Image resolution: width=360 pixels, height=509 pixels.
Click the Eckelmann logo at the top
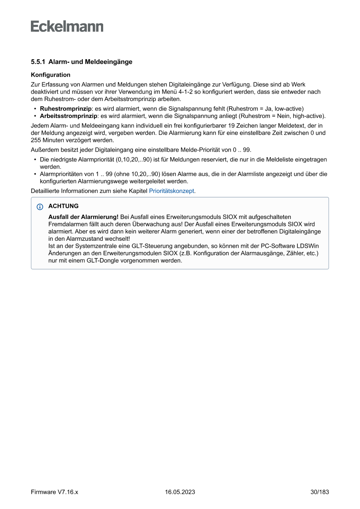click(x=67, y=27)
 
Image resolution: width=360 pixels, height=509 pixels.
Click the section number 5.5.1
click(x=38, y=62)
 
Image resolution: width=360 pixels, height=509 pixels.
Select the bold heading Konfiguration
click(x=50, y=75)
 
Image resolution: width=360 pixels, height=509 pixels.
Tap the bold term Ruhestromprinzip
click(x=66, y=108)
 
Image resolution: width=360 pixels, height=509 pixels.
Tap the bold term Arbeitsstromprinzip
click(x=68, y=116)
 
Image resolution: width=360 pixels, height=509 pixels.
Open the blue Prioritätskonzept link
click(x=172, y=191)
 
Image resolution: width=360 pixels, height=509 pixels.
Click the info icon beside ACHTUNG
click(x=40, y=206)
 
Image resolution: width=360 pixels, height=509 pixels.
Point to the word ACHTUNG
click(x=64, y=206)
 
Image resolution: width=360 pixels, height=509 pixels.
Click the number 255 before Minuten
click(x=36, y=140)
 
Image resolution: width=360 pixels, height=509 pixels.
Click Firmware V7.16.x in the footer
click(x=54, y=492)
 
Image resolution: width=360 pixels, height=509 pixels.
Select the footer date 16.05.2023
click(x=180, y=492)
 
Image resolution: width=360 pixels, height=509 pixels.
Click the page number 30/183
click(x=320, y=492)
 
